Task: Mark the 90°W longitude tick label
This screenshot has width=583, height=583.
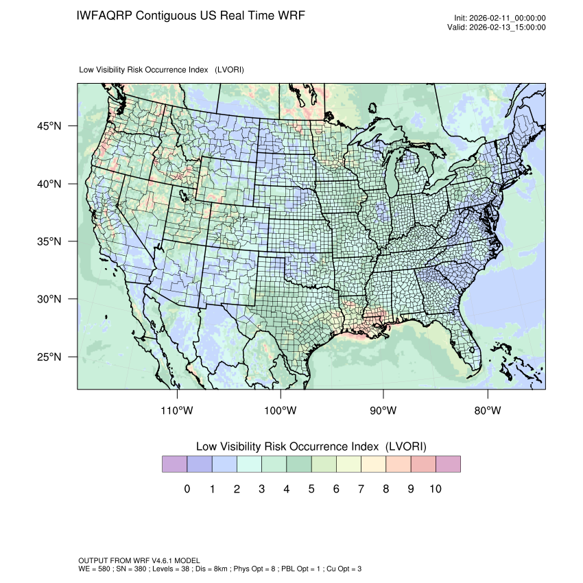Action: coord(383,411)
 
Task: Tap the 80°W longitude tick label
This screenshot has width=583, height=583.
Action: coord(487,411)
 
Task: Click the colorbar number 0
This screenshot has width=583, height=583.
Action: coord(187,489)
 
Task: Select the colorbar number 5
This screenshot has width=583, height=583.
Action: coord(311,489)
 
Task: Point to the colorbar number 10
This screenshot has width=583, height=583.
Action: coord(436,489)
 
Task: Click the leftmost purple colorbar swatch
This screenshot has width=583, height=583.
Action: coord(174,464)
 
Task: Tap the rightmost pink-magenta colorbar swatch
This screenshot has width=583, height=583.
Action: coord(448,464)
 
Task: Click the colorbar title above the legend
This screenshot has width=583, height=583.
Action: coord(311,447)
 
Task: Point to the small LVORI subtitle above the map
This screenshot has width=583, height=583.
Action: coord(162,70)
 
